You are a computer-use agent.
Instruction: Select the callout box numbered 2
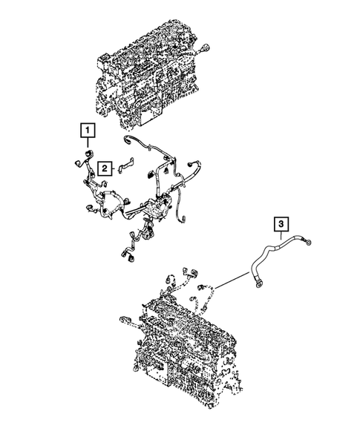[105, 168]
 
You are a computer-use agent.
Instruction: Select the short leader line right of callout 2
[117, 170]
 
